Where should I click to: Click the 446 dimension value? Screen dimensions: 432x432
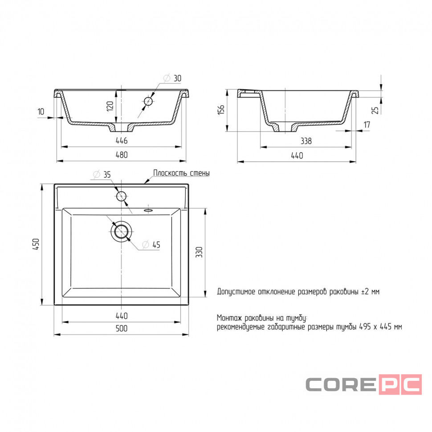tap(122, 140)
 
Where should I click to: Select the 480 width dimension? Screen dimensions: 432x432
tap(122, 155)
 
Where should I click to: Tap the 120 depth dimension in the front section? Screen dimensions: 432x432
tap(110, 106)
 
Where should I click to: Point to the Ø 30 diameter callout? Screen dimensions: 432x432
tap(172, 78)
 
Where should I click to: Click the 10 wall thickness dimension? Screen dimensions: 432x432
tap(41, 112)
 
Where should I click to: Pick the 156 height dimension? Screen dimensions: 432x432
tap(221, 110)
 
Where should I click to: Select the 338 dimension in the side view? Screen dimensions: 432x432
tap(306, 141)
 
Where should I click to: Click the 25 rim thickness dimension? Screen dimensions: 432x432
tap(375, 110)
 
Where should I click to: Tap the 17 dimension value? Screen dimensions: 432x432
tap(367, 125)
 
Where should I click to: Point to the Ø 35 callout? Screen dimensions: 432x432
tap(102, 175)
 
